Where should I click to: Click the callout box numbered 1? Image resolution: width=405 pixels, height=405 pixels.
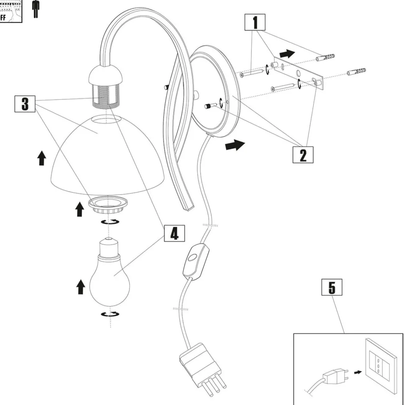point(256,23)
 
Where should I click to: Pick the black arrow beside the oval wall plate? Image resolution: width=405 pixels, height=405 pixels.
point(233,146)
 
